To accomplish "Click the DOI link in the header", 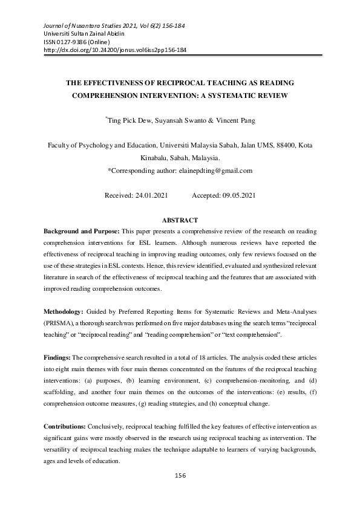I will (116, 51).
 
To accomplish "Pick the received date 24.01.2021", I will (146, 196).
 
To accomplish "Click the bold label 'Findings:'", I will (57, 357).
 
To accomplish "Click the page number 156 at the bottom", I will (180, 476).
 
